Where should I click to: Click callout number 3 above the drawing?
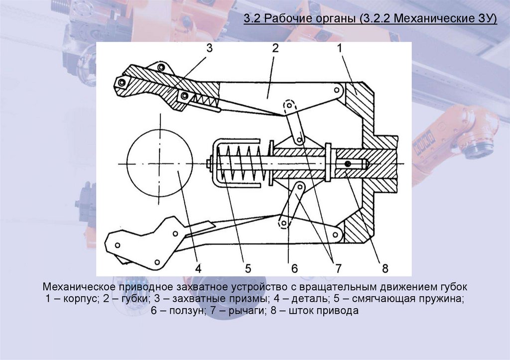[209, 48]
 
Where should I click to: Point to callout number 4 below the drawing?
[198, 268]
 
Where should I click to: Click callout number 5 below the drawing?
[248, 268]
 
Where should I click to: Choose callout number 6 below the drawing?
[294, 268]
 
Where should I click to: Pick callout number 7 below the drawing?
[338, 268]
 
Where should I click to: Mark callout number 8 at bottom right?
[384, 268]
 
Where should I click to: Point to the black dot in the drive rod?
[348, 164]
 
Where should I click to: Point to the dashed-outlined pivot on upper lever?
[289, 106]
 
